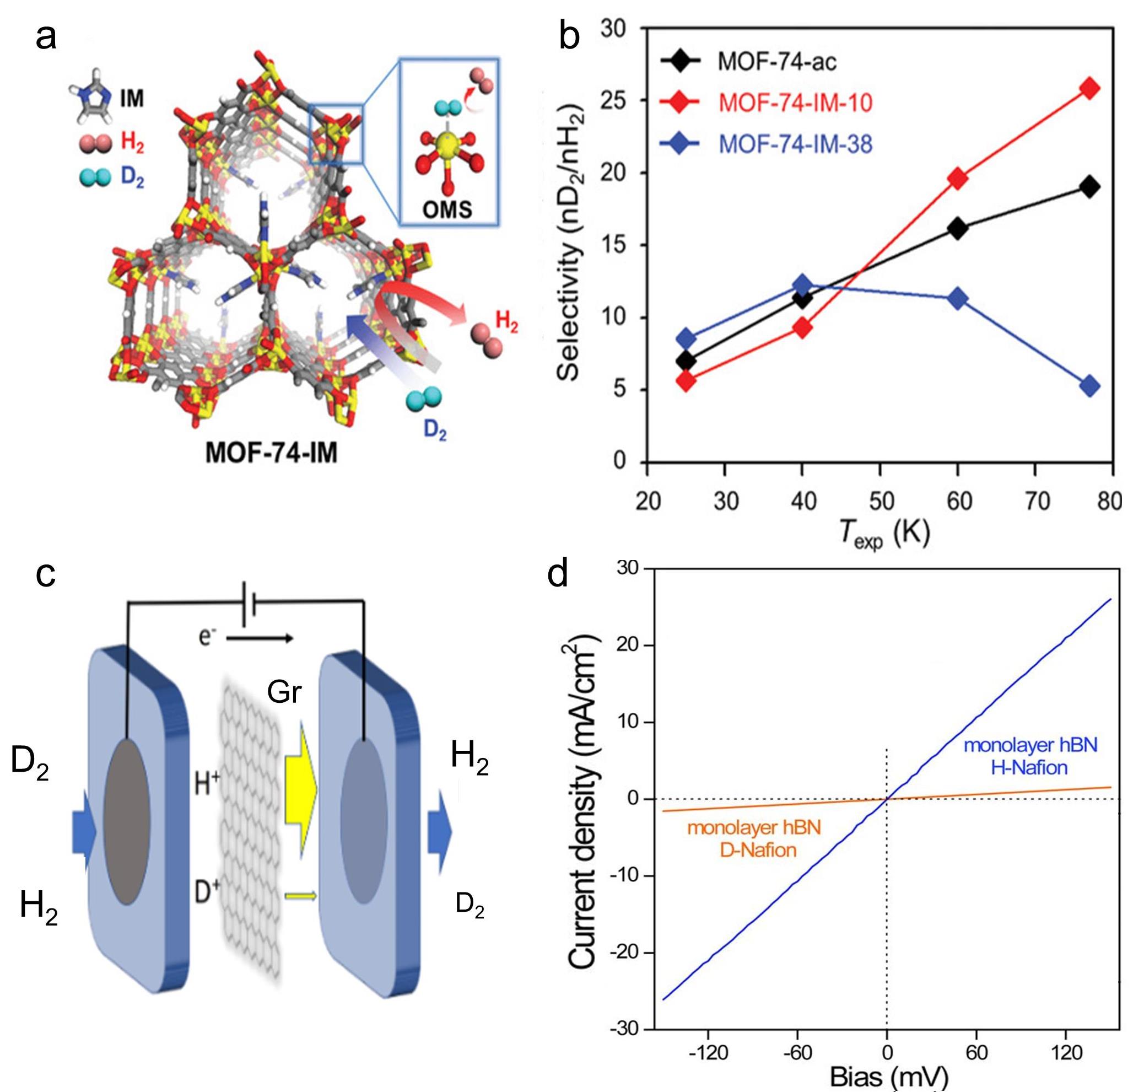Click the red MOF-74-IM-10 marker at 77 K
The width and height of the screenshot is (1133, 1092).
tap(1089, 88)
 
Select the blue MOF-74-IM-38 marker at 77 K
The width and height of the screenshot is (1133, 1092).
tap(1089, 386)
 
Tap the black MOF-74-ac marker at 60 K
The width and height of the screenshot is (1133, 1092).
tap(957, 228)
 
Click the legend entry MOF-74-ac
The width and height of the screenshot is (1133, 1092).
tap(776, 62)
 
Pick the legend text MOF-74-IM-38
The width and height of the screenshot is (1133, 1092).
tap(795, 144)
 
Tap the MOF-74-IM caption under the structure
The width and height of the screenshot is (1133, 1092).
tap(272, 454)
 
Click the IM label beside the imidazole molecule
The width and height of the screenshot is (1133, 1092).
tap(132, 99)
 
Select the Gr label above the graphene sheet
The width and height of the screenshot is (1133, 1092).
tap(284, 691)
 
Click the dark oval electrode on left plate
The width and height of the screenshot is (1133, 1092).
tap(127, 821)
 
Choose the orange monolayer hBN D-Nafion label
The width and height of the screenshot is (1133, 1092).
tap(754, 838)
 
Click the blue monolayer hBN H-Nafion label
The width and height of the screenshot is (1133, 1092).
tap(1030, 756)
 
